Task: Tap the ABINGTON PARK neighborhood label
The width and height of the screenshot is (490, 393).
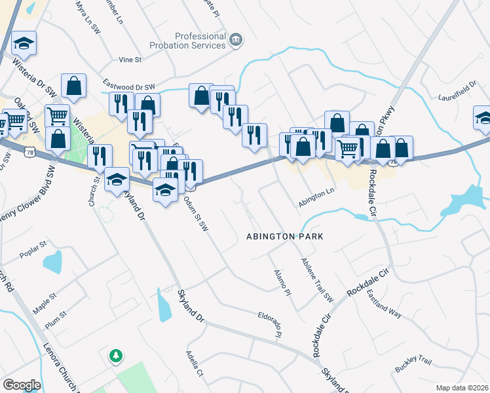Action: tap(285, 236)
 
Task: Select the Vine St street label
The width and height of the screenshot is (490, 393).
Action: tap(130, 60)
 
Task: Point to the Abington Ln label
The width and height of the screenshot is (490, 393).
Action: tap(316, 199)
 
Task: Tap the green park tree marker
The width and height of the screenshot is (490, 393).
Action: tap(115, 356)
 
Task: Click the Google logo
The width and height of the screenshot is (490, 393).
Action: tap(22, 385)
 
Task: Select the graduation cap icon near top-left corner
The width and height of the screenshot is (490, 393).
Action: tap(24, 44)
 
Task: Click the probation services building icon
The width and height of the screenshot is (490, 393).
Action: tap(235, 41)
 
